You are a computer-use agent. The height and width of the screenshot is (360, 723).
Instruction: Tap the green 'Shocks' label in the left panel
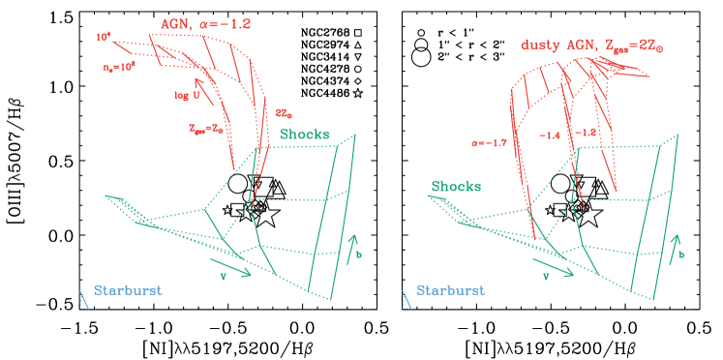304,135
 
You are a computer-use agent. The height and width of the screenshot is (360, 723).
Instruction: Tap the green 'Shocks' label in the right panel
456,187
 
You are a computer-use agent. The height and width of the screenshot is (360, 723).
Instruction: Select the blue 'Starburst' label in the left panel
128,289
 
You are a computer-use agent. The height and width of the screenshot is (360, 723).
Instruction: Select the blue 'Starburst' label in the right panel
451,289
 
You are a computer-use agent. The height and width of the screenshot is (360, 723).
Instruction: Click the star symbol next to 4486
358,93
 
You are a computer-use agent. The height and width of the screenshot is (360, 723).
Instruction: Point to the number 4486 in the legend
336,93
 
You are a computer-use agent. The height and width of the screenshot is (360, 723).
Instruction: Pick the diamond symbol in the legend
358,81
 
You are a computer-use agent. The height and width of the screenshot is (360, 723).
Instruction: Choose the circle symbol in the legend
358,70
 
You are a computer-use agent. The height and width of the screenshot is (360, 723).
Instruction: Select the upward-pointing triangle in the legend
358,45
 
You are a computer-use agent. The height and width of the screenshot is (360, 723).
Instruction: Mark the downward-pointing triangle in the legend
358,58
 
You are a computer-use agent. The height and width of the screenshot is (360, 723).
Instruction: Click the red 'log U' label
187,95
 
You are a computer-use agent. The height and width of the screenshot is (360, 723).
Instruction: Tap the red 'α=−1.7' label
484,142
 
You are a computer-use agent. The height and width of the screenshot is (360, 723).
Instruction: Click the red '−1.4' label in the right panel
549,135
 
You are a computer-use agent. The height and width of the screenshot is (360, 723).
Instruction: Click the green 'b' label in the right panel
680,255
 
